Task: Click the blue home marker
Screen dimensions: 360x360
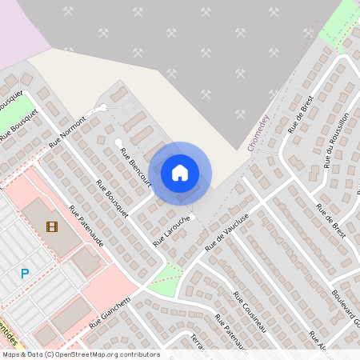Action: pyautogui.click(x=180, y=172)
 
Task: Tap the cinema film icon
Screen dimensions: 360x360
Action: pyautogui.click(x=52, y=226)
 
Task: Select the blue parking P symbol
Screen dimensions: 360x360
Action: pyautogui.click(x=25, y=274)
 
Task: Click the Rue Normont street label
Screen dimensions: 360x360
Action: pyautogui.click(x=68, y=130)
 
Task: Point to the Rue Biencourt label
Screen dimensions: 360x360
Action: pyautogui.click(x=135, y=166)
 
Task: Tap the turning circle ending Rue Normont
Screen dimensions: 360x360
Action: pyautogui.click(x=103, y=107)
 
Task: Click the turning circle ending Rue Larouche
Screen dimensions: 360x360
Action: pyautogui.click(x=193, y=216)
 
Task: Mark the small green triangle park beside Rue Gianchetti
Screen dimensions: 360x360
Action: pyautogui.click(x=166, y=277)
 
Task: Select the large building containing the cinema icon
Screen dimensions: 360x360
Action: pyautogui.click(x=50, y=224)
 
